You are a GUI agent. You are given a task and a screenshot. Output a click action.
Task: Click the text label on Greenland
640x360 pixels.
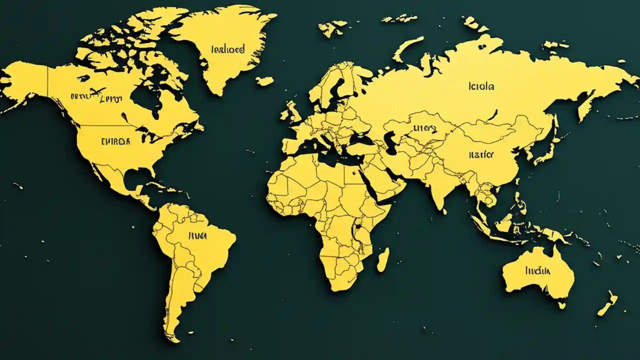pyautogui.click(x=228, y=49)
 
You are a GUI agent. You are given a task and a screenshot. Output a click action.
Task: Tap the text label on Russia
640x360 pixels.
pyautogui.click(x=481, y=86)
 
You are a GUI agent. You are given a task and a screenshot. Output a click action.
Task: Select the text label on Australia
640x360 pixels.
pyautogui.click(x=538, y=271)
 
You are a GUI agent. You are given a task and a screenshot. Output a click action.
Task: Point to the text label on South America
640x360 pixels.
pyautogui.click(x=197, y=235)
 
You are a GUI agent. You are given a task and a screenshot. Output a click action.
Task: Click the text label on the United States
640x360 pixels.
pyautogui.click(x=115, y=141)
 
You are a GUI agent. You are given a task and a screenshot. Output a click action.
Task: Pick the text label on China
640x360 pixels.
pyautogui.click(x=481, y=155)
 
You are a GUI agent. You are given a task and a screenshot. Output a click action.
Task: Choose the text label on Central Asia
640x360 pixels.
pyautogui.click(x=424, y=129)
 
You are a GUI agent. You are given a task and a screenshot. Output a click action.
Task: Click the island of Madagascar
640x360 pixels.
pyautogui.click(x=382, y=260)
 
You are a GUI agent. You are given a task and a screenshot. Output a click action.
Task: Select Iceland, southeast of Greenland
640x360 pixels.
pyautogui.click(x=264, y=80)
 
